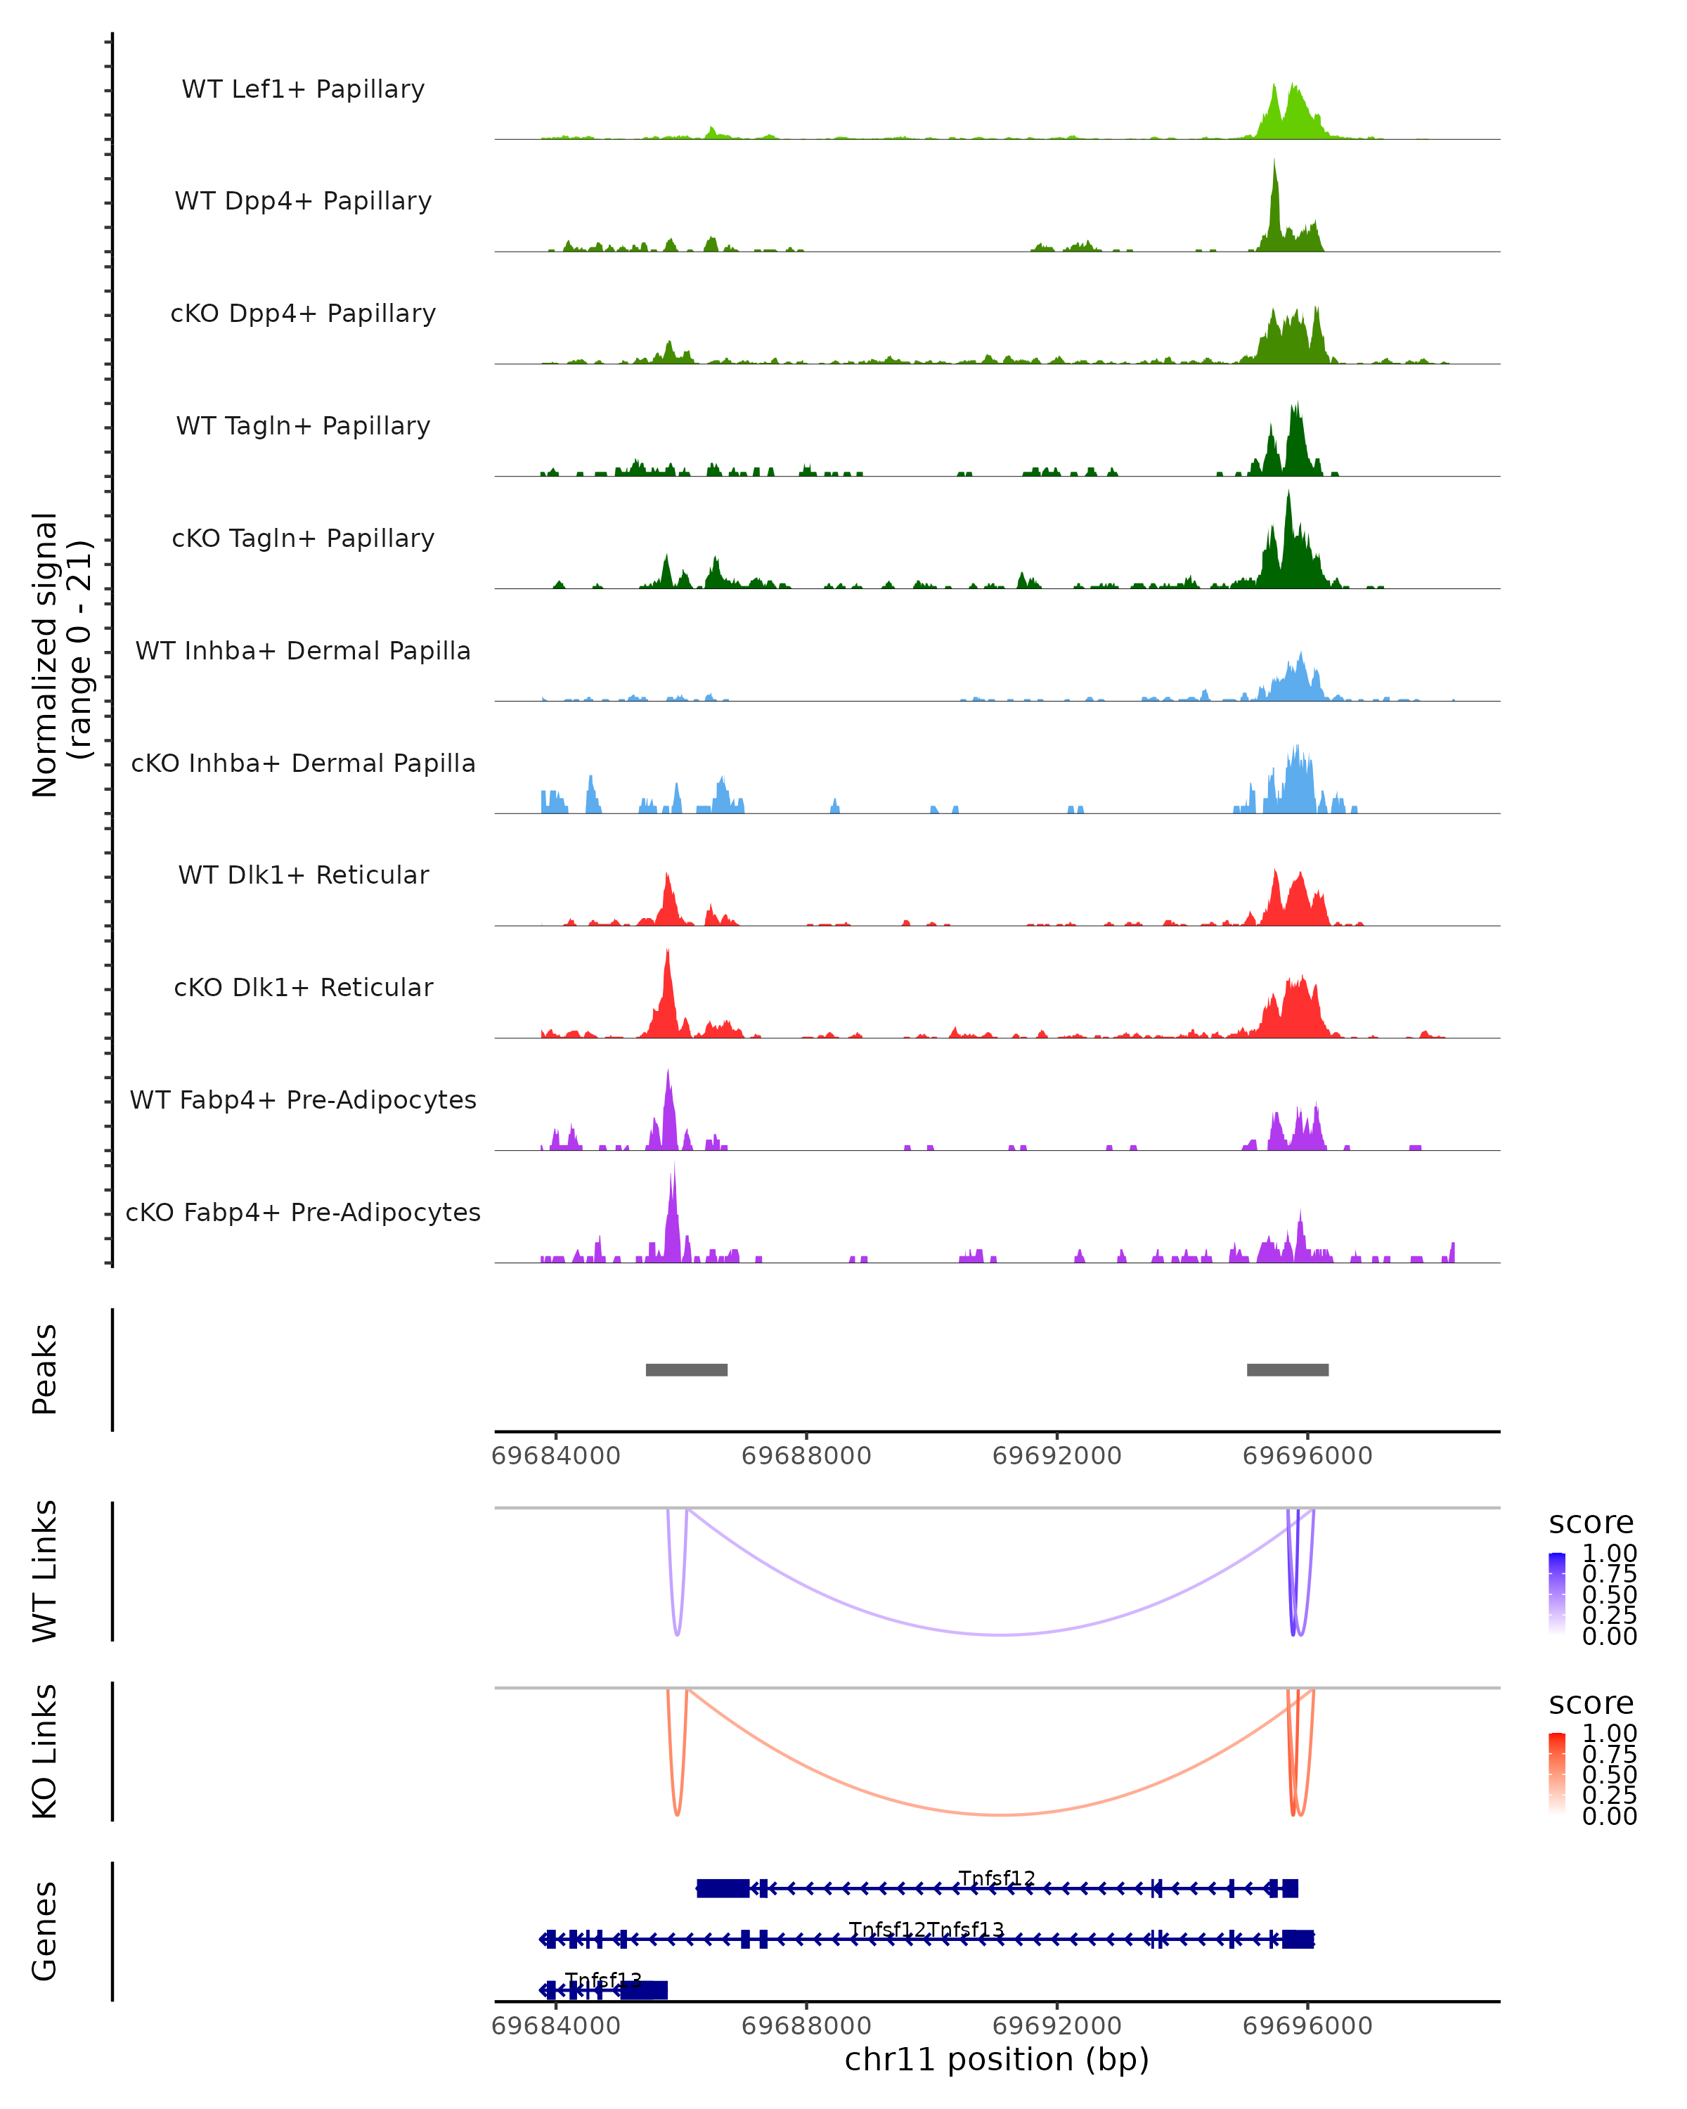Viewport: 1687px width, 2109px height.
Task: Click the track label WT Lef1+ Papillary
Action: coord(303,89)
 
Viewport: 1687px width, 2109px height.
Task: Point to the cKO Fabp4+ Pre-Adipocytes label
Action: coord(303,1212)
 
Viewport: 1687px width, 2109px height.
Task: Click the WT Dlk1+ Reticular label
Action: coord(303,875)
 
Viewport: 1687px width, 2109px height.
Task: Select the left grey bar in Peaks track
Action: coord(687,1369)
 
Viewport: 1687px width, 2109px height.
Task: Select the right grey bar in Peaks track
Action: coord(1287,1369)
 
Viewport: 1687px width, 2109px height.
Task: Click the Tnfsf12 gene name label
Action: coord(997,1878)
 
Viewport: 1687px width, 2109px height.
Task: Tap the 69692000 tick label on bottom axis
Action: coord(1056,2026)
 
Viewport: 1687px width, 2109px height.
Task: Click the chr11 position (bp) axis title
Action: coord(997,2060)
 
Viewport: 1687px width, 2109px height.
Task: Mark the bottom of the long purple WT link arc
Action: coord(1000,1634)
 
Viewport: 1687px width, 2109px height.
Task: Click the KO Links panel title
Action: coord(45,1752)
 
